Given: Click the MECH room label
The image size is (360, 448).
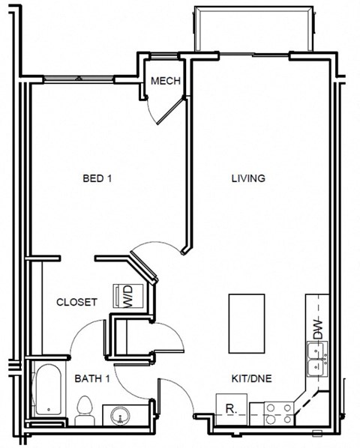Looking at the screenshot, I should point(165,81).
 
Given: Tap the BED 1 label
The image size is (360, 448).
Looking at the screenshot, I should point(97,178).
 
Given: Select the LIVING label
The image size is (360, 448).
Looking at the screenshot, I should point(247,178).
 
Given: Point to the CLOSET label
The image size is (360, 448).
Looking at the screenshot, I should point(77,302).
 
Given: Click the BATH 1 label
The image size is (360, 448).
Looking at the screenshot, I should point(92,379).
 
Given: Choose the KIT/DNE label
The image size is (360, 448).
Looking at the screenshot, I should point(250,379).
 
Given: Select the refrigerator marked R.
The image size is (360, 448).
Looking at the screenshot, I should point(231,409).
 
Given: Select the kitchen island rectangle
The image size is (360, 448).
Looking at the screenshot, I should point(247,323).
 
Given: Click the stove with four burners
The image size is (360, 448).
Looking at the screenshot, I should point(280,414).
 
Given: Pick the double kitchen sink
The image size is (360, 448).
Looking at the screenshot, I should point(316,360).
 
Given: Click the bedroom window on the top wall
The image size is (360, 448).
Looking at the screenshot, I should point(79,77).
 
